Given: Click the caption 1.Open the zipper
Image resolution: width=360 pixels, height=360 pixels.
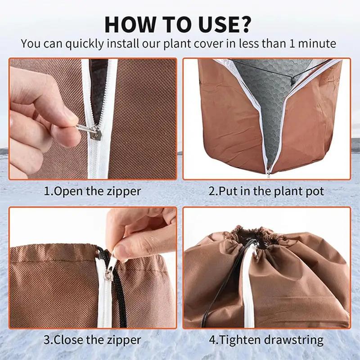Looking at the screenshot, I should pos(92,191).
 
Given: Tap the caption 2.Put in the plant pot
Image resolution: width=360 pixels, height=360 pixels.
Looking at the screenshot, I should pos(266,191).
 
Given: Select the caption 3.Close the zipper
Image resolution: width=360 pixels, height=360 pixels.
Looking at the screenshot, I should pos(92,340).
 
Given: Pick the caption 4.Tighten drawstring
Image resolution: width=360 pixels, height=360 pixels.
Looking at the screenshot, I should pos(266,340).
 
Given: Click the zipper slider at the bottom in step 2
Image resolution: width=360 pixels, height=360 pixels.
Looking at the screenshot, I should pos(269,170).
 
